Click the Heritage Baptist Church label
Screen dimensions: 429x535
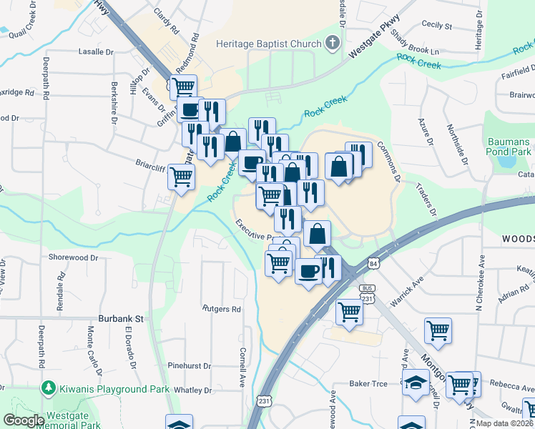(269, 44)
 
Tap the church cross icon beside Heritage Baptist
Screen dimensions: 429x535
(332, 44)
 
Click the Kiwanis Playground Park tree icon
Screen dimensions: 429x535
(49, 389)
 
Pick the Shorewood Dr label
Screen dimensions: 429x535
(72, 257)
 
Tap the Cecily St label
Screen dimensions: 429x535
(437, 26)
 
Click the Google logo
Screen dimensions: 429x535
(24, 420)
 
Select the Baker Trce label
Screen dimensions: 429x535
(368, 384)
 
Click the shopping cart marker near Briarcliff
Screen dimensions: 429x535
(182, 175)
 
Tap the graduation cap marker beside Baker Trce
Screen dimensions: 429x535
(416, 383)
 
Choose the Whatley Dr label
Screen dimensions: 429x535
(193, 390)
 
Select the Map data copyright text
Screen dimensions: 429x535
(504, 423)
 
